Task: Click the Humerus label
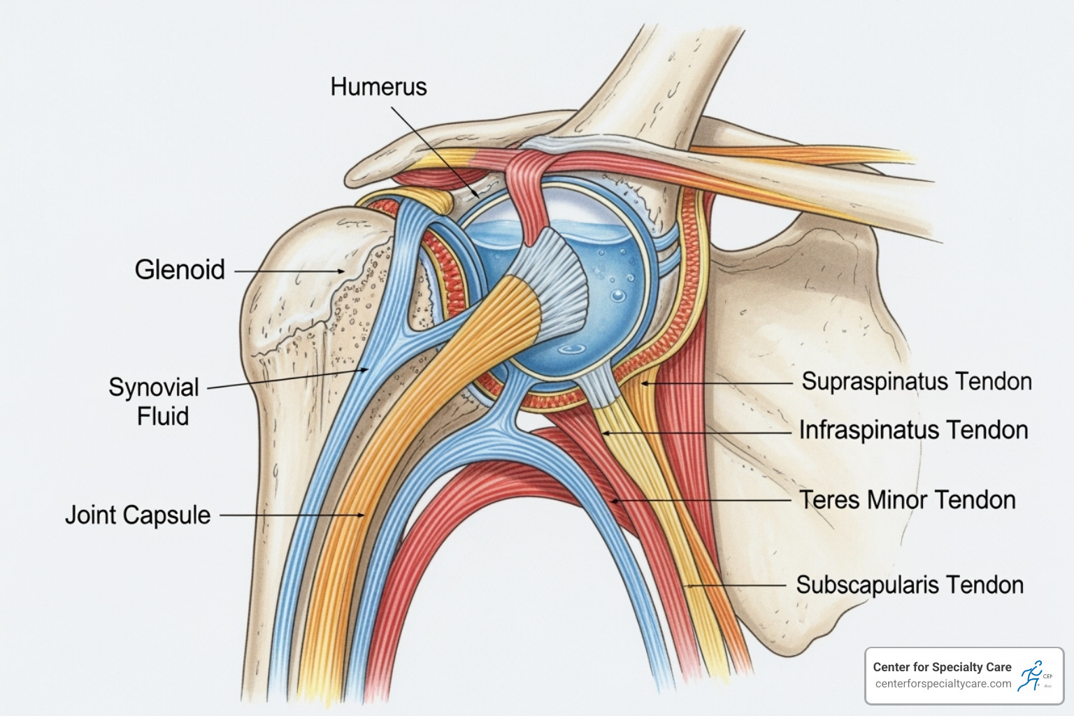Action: coord(378,87)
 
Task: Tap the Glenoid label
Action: coord(180,270)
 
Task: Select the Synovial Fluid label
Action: coord(154,401)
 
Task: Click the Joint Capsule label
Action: coord(138,515)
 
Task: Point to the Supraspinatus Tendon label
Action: coord(916,382)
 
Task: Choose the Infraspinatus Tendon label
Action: coord(913,430)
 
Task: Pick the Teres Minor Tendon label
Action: coord(907,501)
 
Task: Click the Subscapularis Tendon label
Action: coord(910,585)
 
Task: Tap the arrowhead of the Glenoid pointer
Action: coord(342,271)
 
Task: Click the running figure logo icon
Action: coord(1031,676)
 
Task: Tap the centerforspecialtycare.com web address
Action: coord(943,684)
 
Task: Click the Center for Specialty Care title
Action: coord(942,667)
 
